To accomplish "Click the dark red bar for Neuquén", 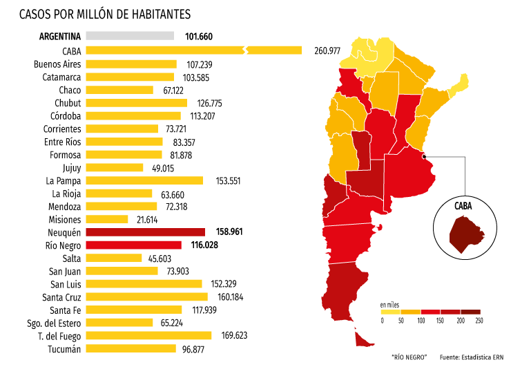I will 146,232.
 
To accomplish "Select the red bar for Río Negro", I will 134,245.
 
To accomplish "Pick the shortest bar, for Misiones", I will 107,219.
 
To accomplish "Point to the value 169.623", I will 231,336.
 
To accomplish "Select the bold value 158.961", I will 227,232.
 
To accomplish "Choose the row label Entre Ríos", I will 62,142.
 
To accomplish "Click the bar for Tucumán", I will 131,349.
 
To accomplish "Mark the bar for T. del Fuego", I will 149,336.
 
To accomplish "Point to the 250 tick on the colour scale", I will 479,320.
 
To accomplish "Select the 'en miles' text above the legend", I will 390,304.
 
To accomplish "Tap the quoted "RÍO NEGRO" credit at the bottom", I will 409,357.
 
